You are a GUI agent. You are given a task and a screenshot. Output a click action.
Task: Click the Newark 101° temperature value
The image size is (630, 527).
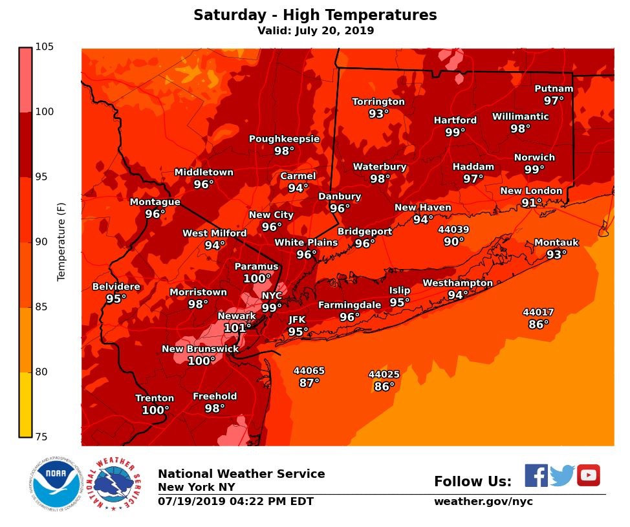pyautogui.click(x=237, y=328)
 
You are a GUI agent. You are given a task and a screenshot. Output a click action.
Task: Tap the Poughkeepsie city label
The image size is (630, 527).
pyautogui.click(x=284, y=139)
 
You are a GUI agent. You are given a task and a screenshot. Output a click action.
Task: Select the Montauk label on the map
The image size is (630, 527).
pyautogui.click(x=556, y=242)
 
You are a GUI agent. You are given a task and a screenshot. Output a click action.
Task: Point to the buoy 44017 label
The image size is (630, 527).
pyautogui.click(x=538, y=312)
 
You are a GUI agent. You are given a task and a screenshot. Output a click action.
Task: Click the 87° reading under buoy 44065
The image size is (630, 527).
pyautogui.click(x=309, y=383)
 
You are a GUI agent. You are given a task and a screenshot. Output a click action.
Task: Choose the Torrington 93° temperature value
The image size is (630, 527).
pyautogui.click(x=378, y=114)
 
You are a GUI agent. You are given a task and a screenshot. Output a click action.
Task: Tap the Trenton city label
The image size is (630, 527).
pyautogui.click(x=155, y=398)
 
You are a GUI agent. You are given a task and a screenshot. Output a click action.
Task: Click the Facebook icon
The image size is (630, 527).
pyautogui.click(x=536, y=475)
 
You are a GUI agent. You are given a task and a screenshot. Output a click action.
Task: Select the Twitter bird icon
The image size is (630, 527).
pyautogui.click(x=562, y=476)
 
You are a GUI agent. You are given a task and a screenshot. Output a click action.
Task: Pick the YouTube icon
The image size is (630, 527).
pyautogui.click(x=589, y=475)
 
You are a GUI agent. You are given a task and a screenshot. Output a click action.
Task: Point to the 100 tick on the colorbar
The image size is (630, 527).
pyautogui.click(x=44, y=112)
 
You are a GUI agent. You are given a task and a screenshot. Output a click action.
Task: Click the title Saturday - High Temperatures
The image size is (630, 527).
pyautogui.click(x=315, y=15)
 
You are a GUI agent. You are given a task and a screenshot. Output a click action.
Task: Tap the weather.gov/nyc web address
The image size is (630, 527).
pyautogui.click(x=483, y=502)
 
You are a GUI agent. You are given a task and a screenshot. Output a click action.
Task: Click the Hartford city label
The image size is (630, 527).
pyautogui.click(x=455, y=120)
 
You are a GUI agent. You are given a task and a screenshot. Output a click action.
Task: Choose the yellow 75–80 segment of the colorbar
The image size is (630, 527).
pyautogui.click(x=25, y=404)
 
